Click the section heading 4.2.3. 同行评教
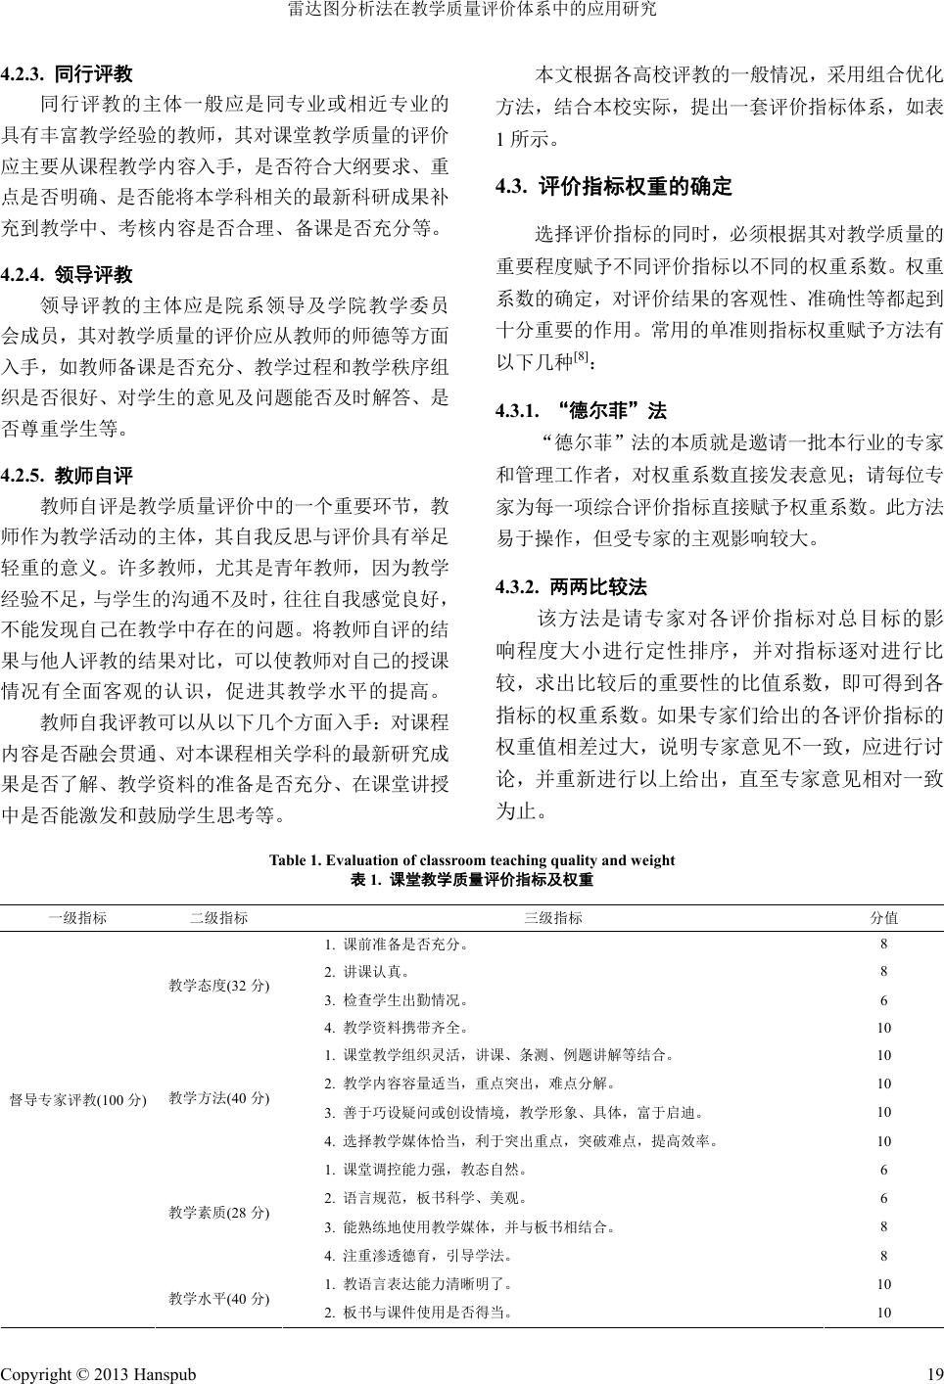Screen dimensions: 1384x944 [x=67, y=73]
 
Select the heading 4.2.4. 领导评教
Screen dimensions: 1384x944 [x=67, y=274]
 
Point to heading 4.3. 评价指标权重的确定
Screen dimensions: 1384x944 [x=614, y=186]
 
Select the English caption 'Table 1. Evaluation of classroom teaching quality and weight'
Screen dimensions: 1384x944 [x=472, y=860]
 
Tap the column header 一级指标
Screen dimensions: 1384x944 [x=78, y=918]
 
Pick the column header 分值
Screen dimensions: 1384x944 [x=884, y=918]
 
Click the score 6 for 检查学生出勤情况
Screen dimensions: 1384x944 [x=884, y=1000]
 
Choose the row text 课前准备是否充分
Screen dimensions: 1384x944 [x=396, y=945]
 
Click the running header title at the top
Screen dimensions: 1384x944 [x=472, y=11]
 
